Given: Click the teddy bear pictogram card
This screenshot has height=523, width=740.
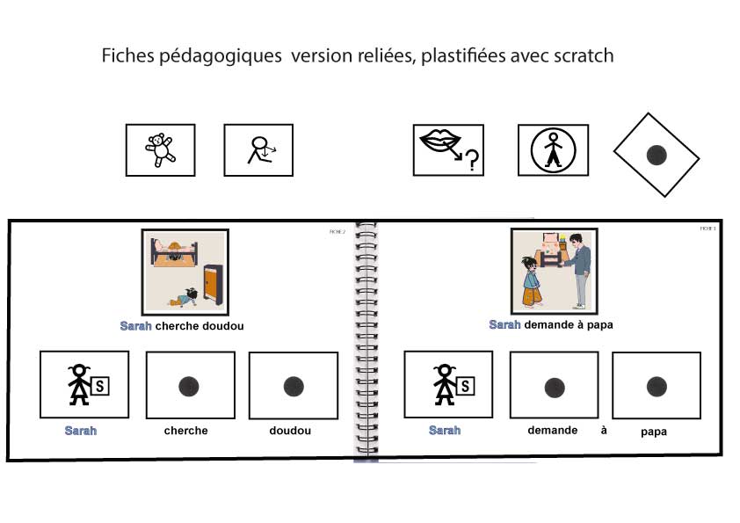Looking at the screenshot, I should pos(160,149).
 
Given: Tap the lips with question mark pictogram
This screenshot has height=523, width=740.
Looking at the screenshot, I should pos(448,149).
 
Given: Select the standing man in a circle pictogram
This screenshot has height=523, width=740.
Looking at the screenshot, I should pos(552,150).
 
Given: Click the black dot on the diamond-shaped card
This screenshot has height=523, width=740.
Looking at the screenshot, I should pos(656,156).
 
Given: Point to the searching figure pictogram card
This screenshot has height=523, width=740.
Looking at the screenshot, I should pos(258,150).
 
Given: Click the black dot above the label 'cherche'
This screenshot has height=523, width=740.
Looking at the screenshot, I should pos(189,385).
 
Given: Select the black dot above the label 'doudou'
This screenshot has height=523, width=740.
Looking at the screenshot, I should pos(293,385).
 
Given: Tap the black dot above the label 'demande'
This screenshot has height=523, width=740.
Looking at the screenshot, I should pos(554,386).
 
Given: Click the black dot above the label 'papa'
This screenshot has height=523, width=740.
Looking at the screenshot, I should pos(656,386).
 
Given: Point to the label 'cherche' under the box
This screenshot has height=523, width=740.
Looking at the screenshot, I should pos(186,431).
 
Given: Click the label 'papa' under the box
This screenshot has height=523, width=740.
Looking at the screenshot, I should pos(653,432).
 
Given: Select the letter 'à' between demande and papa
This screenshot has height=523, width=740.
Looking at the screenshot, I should pos(604,430).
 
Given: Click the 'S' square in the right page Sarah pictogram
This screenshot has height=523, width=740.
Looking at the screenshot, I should pos(466,383).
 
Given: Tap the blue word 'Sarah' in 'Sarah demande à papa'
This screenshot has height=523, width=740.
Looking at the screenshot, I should pos(504,325).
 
